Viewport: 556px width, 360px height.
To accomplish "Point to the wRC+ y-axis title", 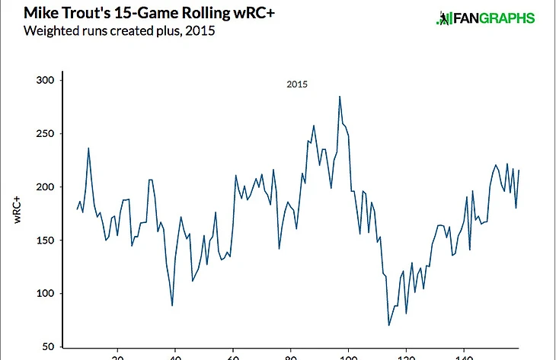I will coord(17,209).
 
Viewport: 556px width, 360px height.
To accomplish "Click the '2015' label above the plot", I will coord(297,84).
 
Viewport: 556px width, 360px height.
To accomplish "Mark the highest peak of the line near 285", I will coord(340,96).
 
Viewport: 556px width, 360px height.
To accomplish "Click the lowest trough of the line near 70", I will coord(388,326).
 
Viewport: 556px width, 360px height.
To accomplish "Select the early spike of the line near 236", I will coord(88,148).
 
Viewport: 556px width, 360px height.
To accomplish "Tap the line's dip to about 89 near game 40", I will coord(172,305).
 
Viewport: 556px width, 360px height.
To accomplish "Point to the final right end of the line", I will coord(519,170).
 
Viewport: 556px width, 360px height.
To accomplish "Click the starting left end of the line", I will coord(78,209).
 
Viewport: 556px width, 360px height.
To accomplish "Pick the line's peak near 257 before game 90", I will coord(314,126).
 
